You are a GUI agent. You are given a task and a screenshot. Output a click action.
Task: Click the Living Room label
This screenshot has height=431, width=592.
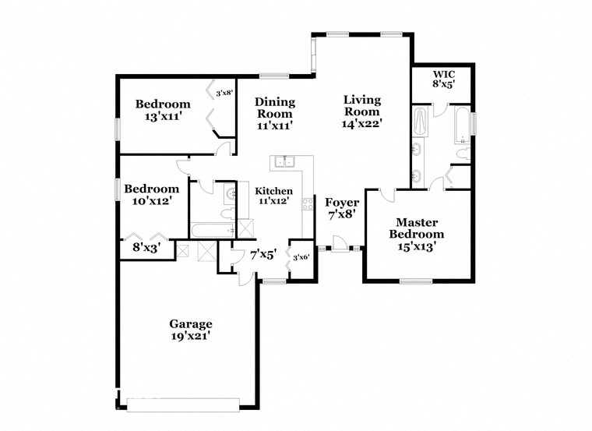362,111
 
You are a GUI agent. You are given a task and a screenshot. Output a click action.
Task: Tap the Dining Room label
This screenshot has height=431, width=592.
275,113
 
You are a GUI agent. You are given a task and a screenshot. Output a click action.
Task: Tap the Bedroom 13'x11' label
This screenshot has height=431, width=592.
162,110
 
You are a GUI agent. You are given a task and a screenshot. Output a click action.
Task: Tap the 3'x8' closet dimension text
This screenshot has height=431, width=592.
224,93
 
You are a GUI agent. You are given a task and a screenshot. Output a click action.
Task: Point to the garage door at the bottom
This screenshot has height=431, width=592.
184,404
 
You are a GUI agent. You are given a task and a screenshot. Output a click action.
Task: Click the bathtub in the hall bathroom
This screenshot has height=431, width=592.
213,230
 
